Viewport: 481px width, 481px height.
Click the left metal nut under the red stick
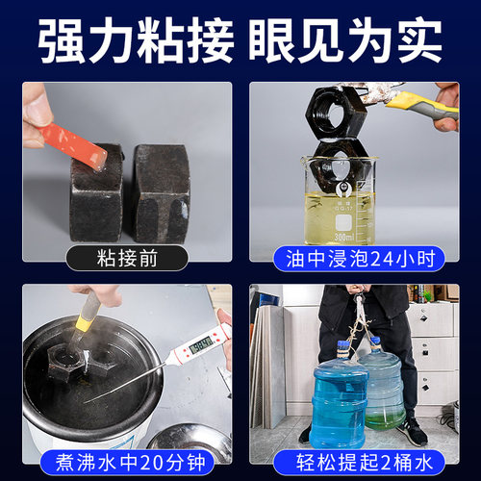(x=96, y=192)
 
